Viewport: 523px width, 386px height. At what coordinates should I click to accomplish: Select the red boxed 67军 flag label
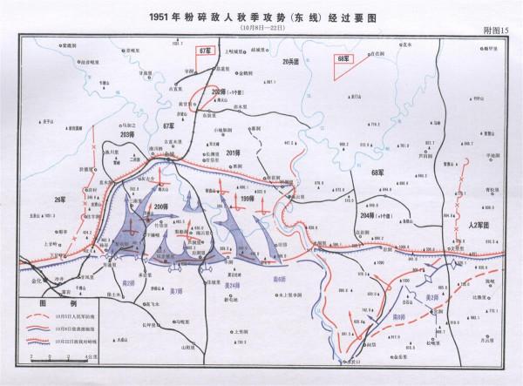pos(206,52)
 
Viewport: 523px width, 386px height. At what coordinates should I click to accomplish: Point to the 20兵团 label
pos(292,63)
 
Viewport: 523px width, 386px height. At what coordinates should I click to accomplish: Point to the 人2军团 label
pos(476,225)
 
